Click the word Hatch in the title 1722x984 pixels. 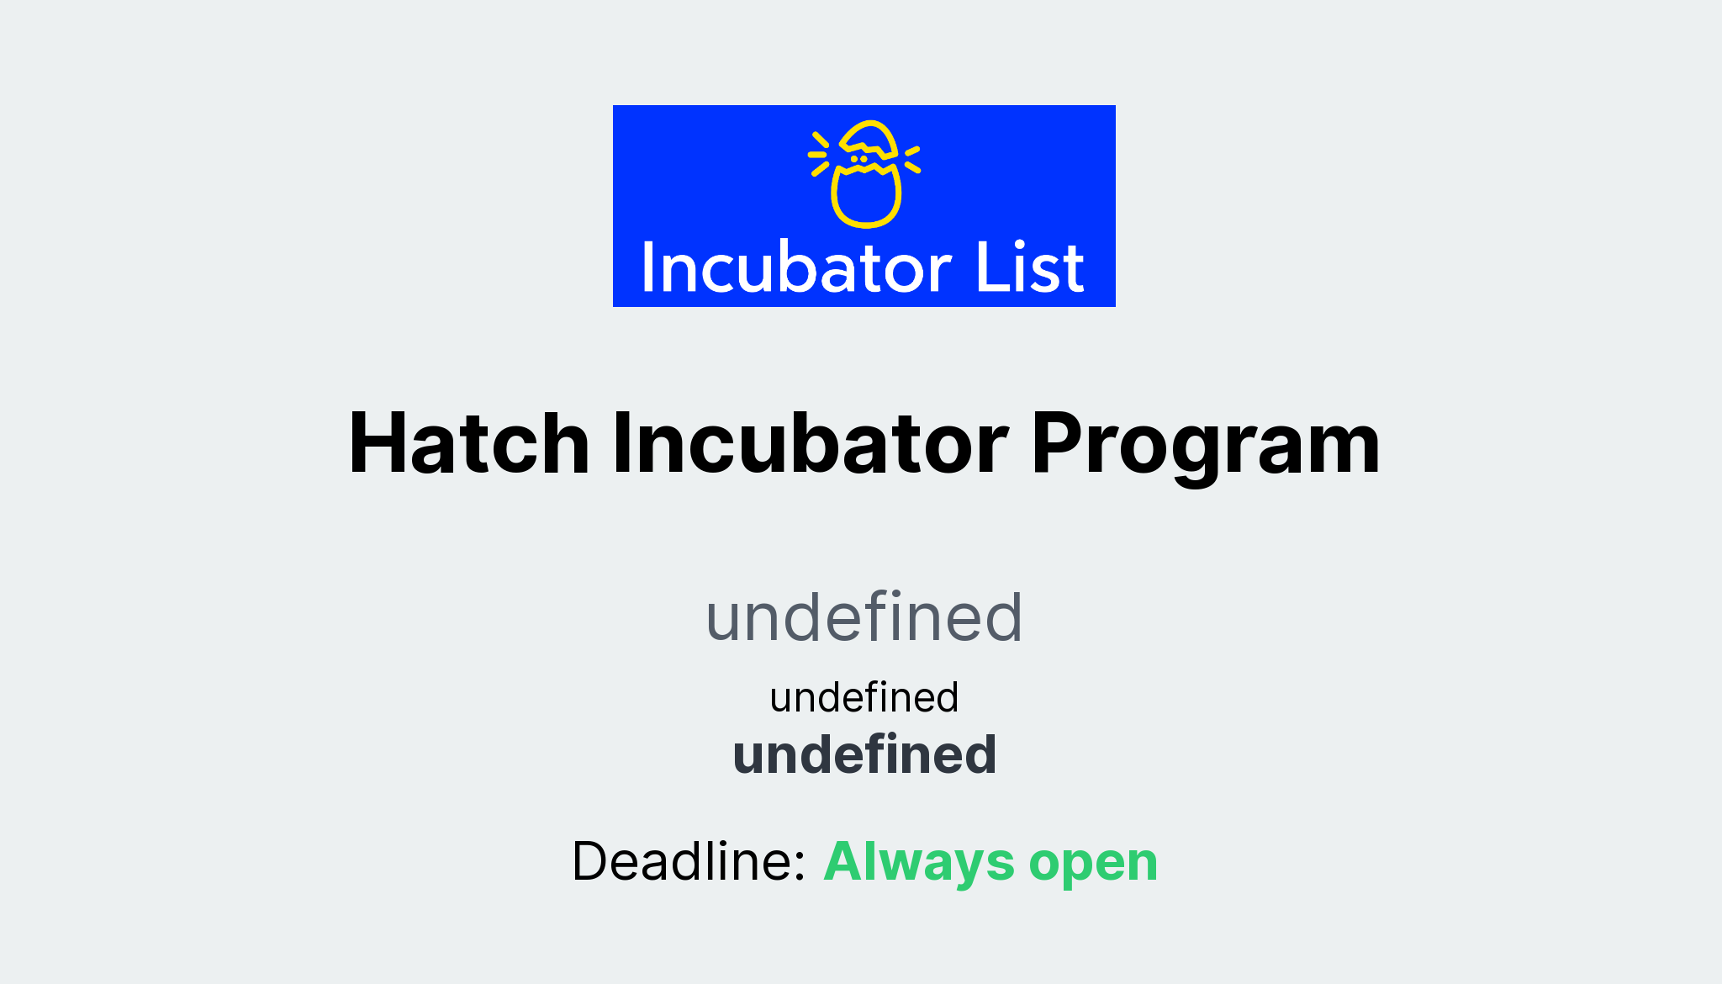[x=468, y=443]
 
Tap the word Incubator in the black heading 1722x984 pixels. [x=810, y=443]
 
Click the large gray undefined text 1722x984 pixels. [x=864, y=617]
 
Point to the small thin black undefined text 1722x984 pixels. [x=864, y=697]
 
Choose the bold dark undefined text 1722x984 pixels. [x=864, y=754]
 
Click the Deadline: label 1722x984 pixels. [x=689, y=861]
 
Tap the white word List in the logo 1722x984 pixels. [x=1030, y=269]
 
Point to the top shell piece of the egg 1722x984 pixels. [x=869, y=139]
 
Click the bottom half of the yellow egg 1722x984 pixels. [x=866, y=198]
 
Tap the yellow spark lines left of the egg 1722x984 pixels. [x=818, y=154]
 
